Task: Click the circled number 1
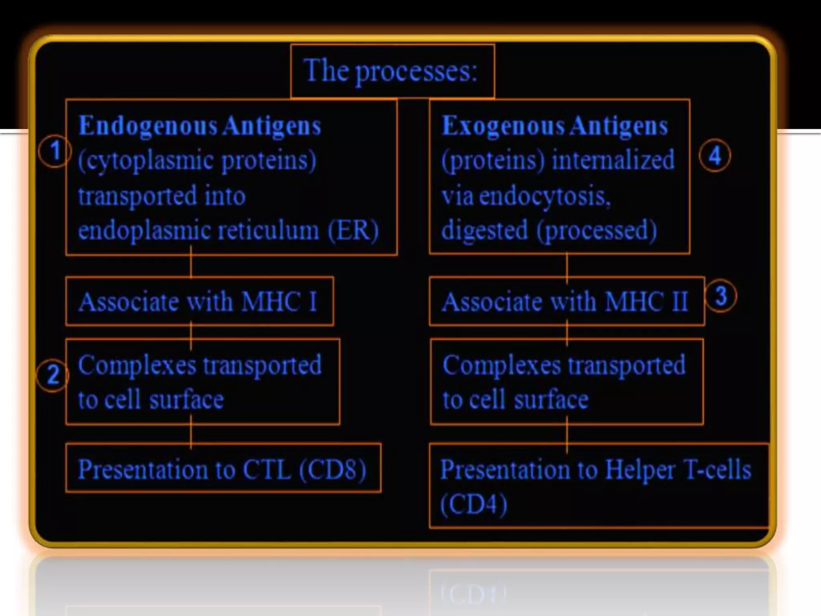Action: pyautogui.click(x=55, y=151)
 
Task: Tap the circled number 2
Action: pyautogui.click(x=53, y=376)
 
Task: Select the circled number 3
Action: pyautogui.click(x=720, y=296)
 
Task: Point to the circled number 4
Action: pyautogui.click(x=715, y=156)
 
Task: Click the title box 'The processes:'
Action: pyautogui.click(x=392, y=71)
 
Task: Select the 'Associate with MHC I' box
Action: pyautogui.click(x=199, y=301)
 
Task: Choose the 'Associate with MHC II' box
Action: pyautogui.click(x=566, y=301)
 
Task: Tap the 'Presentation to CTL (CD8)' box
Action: pyautogui.click(x=223, y=468)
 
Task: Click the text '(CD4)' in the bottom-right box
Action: pyautogui.click(x=474, y=504)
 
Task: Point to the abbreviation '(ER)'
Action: pyautogui.click(x=353, y=231)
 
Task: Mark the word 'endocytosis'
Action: pyautogui.click(x=542, y=197)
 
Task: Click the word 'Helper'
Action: pyautogui.click(x=640, y=469)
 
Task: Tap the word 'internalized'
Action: pyautogui.click(x=613, y=160)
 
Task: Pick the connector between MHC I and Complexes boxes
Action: pyautogui.click(x=191, y=332)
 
